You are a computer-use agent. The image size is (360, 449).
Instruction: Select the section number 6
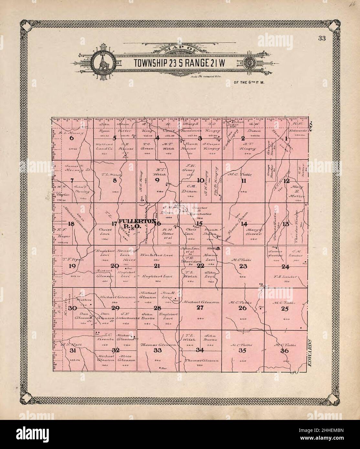[72, 138]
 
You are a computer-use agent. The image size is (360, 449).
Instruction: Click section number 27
[200, 308]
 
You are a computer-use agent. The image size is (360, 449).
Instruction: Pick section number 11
[244, 181]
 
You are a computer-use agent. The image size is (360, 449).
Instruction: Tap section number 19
[72, 266]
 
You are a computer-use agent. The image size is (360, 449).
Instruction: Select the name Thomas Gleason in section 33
[158, 345]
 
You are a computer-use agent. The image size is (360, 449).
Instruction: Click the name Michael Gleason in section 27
[201, 302]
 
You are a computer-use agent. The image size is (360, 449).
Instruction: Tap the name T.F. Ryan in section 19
[73, 259]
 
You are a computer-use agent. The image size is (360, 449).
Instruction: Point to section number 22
[201, 266]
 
